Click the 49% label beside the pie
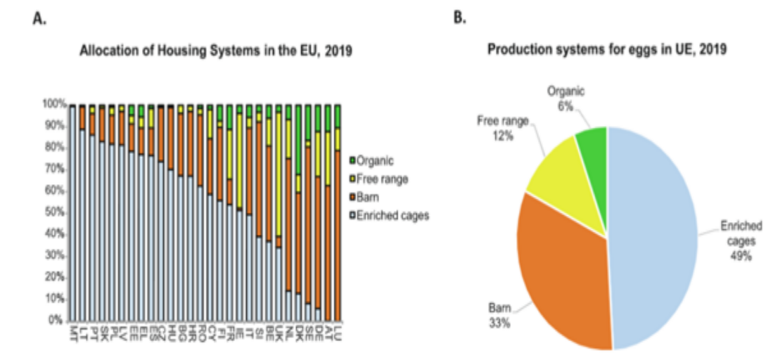(739, 256)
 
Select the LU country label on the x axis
(338, 331)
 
